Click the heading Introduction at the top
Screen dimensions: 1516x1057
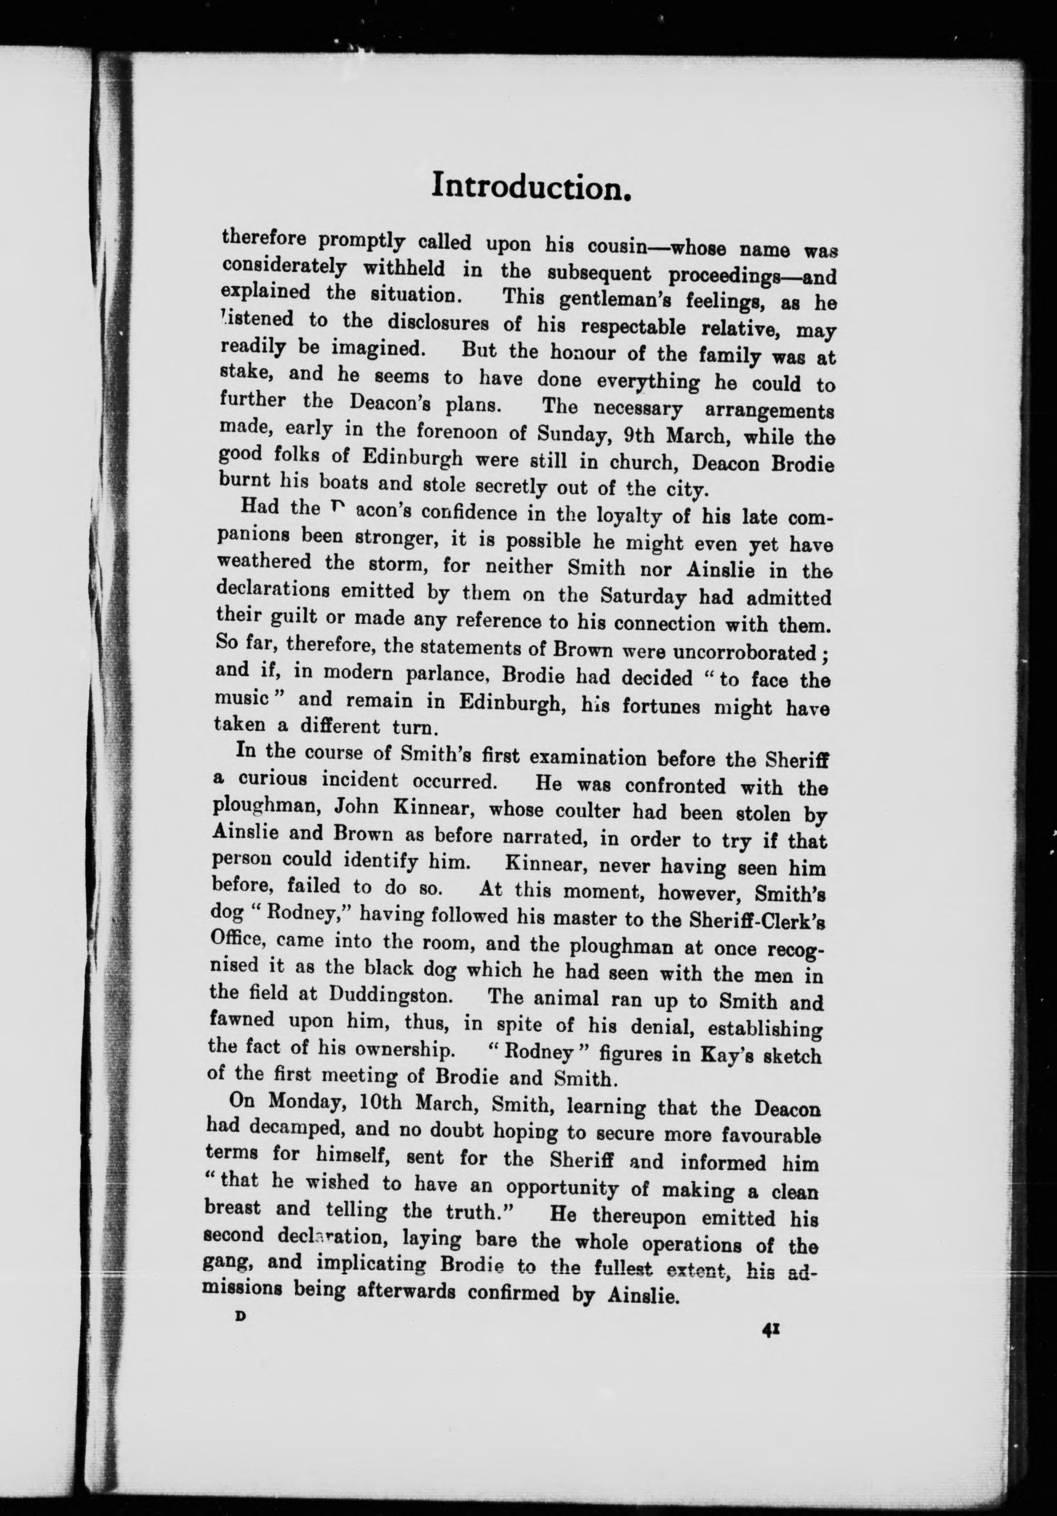pyautogui.click(x=532, y=186)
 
